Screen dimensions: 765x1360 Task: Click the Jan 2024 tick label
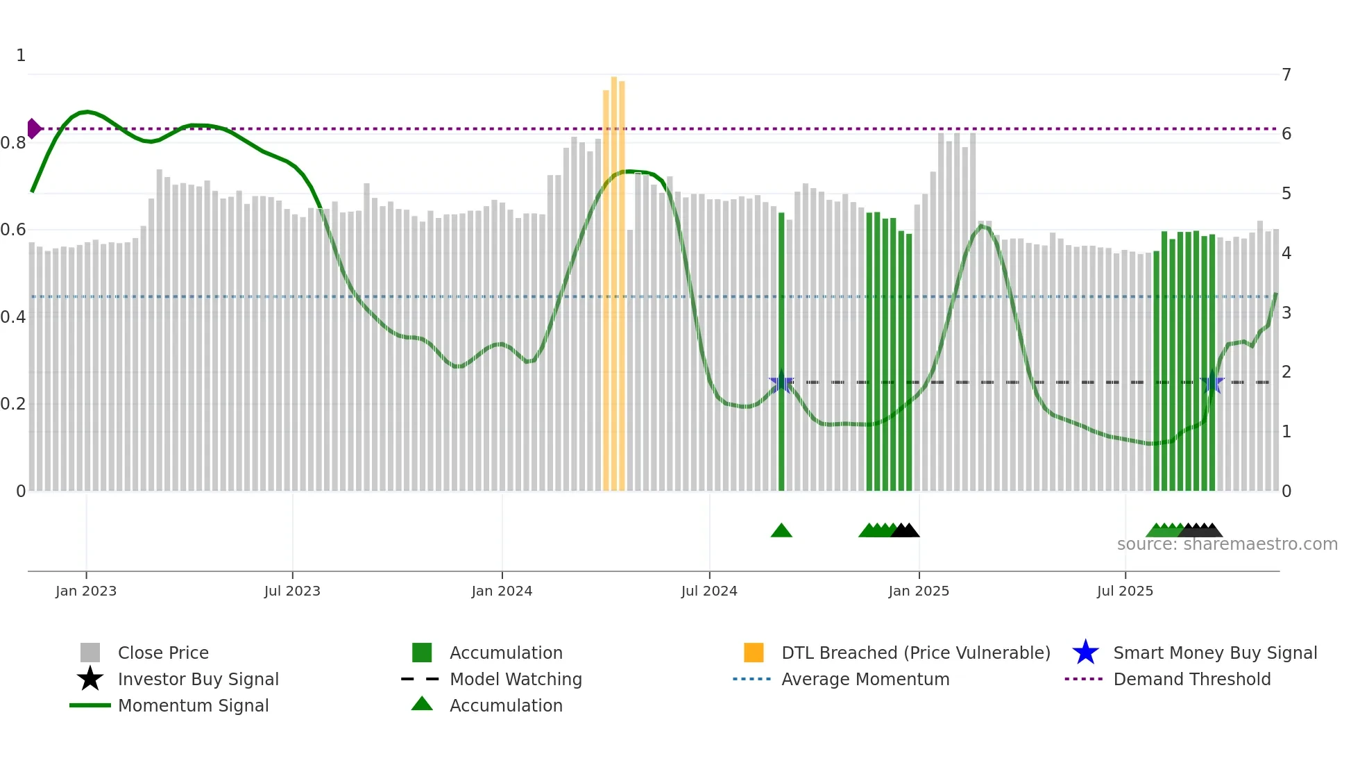(x=502, y=591)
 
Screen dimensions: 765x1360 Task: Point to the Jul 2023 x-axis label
(x=292, y=591)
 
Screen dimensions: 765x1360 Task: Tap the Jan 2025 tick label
(x=919, y=591)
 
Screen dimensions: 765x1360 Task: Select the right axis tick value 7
(x=1286, y=74)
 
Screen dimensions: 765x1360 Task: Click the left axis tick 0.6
(x=14, y=230)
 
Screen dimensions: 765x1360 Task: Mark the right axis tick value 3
(x=1286, y=312)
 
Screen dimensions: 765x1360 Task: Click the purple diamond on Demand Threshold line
(x=33, y=128)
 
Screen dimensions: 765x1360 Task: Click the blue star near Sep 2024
(x=781, y=382)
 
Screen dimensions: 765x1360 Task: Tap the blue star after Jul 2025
(x=1212, y=382)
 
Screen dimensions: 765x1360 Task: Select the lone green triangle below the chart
(x=781, y=530)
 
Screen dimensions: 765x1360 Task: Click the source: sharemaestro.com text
(x=1227, y=544)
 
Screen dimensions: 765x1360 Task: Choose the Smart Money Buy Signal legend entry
(x=1214, y=653)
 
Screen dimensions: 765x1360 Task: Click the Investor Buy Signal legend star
(x=90, y=679)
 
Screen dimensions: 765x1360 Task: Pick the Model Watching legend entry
(x=515, y=679)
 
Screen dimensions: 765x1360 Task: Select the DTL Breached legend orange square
(x=754, y=653)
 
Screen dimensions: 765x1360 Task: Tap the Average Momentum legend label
(x=865, y=679)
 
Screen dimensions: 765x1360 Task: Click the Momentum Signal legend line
(x=90, y=705)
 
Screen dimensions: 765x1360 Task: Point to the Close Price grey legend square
(x=90, y=653)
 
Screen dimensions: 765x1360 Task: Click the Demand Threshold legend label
(x=1191, y=679)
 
